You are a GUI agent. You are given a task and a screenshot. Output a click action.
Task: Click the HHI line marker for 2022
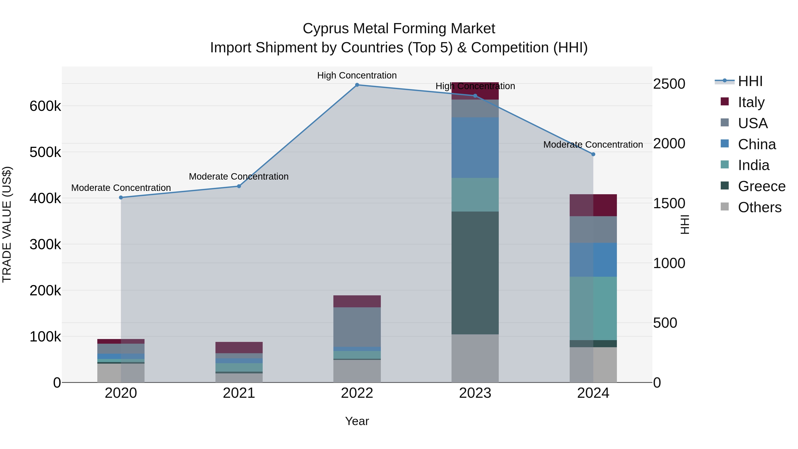pyautogui.click(x=357, y=85)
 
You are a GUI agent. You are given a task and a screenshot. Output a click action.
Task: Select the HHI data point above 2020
pyautogui.click(x=121, y=197)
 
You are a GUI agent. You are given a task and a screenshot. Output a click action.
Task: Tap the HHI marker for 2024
pyautogui.click(x=593, y=154)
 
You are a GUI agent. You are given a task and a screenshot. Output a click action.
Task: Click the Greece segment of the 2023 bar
pyautogui.click(x=475, y=273)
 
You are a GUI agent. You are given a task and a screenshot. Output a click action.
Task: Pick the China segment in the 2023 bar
pyautogui.click(x=475, y=147)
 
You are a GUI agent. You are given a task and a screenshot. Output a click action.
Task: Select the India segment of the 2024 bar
pyautogui.click(x=593, y=308)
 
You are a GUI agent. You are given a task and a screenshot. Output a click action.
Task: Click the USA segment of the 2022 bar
pyautogui.click(x=357, y=327)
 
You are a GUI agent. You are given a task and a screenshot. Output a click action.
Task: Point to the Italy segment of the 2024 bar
pyautogui.click(x=593, y=205)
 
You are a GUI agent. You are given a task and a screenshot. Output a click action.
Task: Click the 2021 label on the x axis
pyautogui.click(x=239, y=393)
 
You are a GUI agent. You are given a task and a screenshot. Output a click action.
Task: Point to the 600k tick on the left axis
pyautogui.click(x=45, y=106)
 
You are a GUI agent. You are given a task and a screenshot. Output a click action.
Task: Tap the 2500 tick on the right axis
pyautogui.click(x=669, y=84)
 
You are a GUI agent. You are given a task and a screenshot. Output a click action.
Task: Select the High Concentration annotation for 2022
pyautogui.click(x=357, y=75)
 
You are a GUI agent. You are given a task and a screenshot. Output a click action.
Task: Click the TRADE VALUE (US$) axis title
pyautogui.click(x=7, y=225)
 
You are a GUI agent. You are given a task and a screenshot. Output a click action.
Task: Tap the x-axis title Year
pyautogui.click(x=357, y=421)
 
